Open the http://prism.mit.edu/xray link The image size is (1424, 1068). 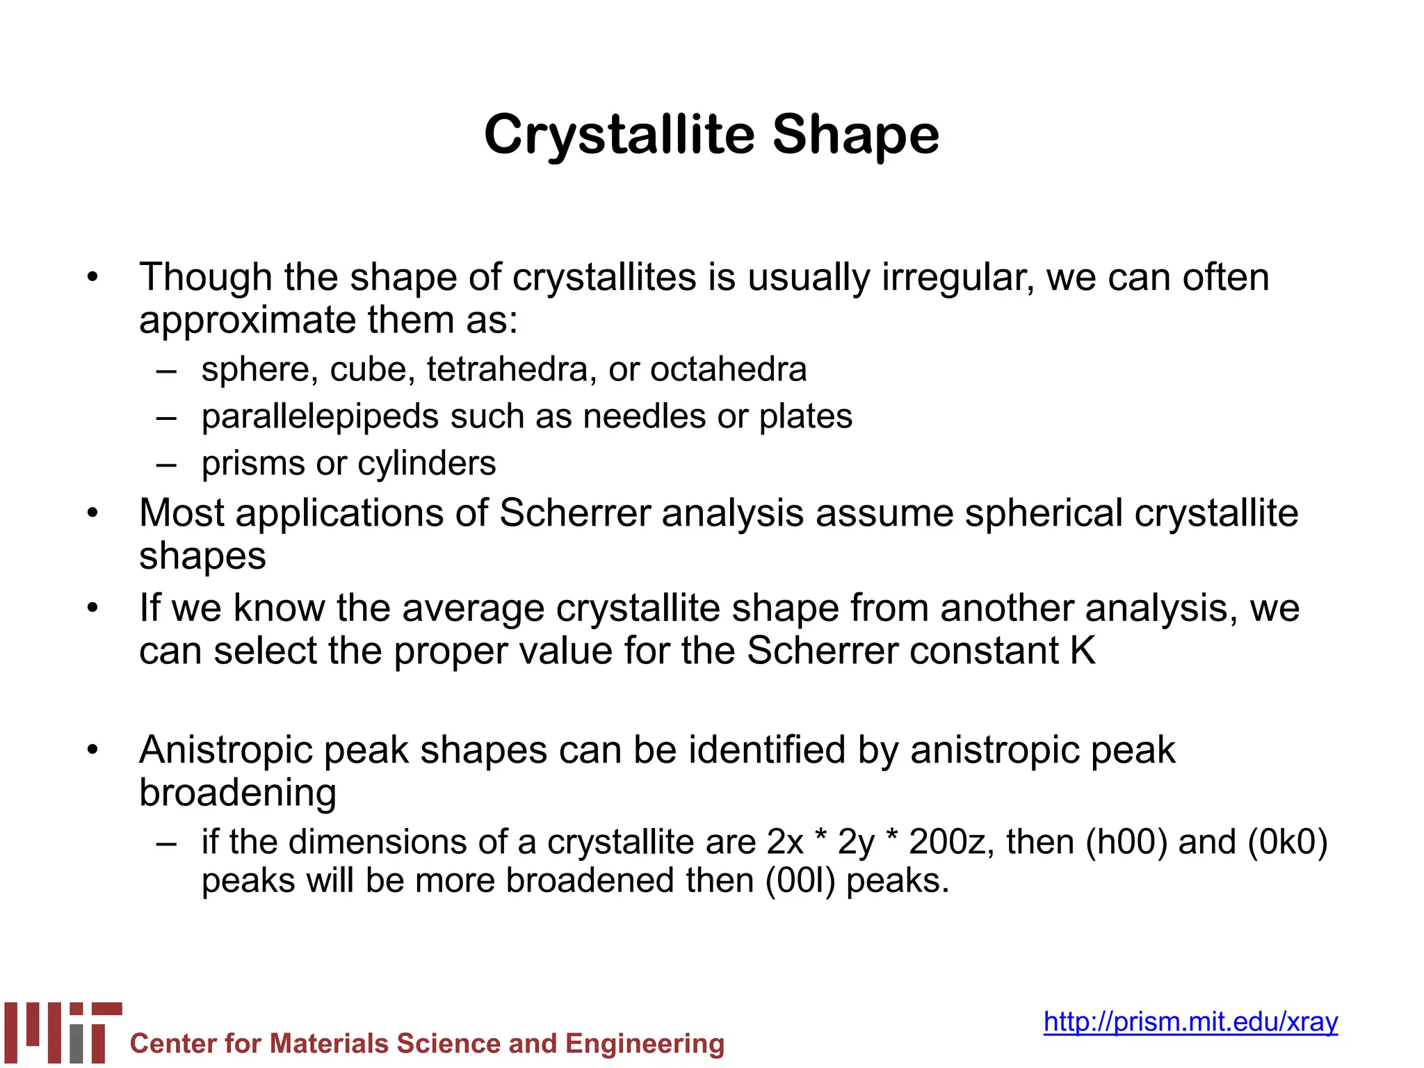[x=1190, y=1021]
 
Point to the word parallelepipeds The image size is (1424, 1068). [x=320, y=417]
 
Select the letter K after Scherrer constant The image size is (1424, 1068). [x=1083, y=651]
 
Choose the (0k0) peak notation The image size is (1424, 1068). [x=1288, y=842]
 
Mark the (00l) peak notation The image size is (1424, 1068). [x=800, y=881]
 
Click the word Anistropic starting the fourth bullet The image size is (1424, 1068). [x=226, y=751]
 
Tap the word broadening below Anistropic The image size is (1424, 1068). [x=238, y=793]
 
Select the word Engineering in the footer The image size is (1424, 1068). [x=645, y=1044]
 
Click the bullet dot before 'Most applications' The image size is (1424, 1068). [x=93, y=514]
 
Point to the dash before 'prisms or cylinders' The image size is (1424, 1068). [x=167, y=464]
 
